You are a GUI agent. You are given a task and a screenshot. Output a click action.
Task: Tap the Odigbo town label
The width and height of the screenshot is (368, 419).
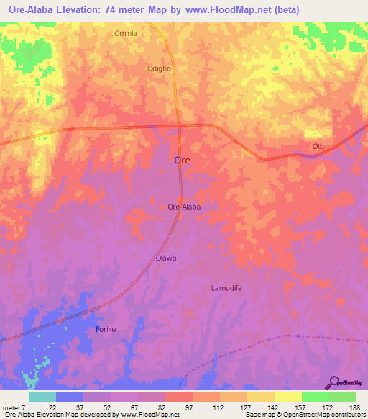[159, 69]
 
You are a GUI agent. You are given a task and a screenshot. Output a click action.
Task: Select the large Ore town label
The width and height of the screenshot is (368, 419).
[183, 161]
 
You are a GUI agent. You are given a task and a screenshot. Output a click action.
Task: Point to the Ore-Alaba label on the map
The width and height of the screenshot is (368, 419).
[183, 207]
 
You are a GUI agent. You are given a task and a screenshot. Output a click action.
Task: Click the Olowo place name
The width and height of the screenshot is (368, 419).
[166, 258]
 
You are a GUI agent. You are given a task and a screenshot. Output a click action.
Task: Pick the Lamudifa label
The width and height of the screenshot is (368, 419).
[229, 288]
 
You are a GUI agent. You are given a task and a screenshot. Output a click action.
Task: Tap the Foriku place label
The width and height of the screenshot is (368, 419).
[106, 329]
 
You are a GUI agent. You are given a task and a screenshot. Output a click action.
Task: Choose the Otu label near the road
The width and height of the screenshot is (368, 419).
[318, 146]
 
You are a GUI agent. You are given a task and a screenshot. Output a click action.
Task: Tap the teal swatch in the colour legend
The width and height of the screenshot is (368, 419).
[42, 397]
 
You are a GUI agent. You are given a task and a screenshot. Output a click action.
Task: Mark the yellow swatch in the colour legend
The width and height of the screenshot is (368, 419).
[287, 397]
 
